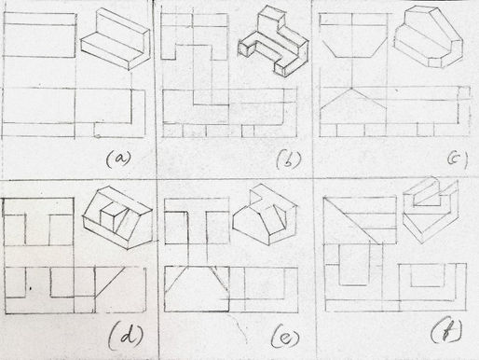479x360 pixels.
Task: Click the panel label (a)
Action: pyautogui.click(x=118, y=159)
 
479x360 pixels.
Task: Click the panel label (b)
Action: pyautogui.click(x=289, y=159)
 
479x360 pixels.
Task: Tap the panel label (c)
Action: pyautogui.click(x=458, y=159)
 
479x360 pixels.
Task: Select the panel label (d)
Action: pyautogui.click(x=126, y=335)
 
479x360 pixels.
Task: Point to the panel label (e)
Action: pyautogui.click(x=285, y=338)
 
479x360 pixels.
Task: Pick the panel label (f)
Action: pyautogui.click(x=446, y=332)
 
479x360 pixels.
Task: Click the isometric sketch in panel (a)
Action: pyautogui.click(x=116, y=39)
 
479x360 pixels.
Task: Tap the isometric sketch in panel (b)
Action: pyautogui.click(x=273, y=41)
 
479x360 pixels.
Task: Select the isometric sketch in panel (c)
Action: pyautogui.click(x=429, y=36)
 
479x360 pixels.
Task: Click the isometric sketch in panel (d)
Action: pyautogui.click(x=118, y=217)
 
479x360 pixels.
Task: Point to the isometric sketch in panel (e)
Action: pyautogui.click(x=265, y=215)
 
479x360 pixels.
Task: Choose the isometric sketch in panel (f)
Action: pyautogui.click(x=431, y=210)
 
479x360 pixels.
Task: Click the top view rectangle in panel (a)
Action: pyautogui.click(x=39, y=35)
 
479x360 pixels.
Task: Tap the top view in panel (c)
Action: pyautogui.click(x=353, y=35)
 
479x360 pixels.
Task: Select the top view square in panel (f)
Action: pyautogui.click(x=360, y=220)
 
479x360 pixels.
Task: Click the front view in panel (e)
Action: pyautogui.click(x=197, y=289)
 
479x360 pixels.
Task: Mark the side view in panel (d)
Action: pyautogui.click(x=120, y=290)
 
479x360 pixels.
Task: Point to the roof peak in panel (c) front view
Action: pyautogui.click(x=351, y=90)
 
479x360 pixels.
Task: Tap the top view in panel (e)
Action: pyautogui.click(x=197, y=221)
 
